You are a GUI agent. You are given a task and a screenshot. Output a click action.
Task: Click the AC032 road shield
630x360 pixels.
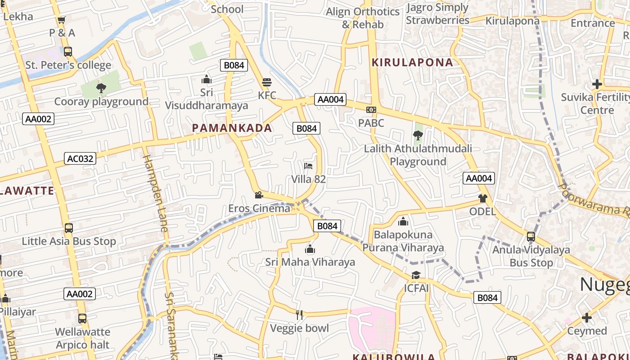[x=80, y=158]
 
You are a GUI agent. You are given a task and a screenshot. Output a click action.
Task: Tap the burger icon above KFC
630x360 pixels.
[x=267, y=82]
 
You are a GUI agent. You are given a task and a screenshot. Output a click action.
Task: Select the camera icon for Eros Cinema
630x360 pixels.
[x=259, y=195]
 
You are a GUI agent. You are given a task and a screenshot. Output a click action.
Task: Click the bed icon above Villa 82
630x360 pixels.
[x=308, y=166]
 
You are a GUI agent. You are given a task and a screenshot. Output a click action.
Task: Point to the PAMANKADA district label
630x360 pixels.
[x=232, y=128]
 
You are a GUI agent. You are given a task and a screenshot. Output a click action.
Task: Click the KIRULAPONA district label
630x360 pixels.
[x=412, y=63]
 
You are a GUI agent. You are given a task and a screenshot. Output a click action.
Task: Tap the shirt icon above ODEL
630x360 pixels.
[x=483, y=198]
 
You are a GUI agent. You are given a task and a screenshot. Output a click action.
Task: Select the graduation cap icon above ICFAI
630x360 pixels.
[x=416, y=275]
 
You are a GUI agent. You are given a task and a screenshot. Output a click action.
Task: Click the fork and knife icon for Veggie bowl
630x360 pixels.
[x=299, y=315]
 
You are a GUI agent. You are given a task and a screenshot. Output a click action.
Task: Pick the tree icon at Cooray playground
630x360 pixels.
[x=101, y=88]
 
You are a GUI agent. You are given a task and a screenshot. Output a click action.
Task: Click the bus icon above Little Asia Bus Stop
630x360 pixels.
[x=68, y=228]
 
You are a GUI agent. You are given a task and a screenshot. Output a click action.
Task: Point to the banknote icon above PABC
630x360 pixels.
[x=371, y=110]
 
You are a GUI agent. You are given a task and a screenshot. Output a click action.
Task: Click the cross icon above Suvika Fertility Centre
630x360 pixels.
[x=597, y=84]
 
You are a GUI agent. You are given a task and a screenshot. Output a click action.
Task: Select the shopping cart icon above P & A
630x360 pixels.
[x=62, y=20]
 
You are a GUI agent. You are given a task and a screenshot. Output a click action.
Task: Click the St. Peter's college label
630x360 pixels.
[x=68, y=65]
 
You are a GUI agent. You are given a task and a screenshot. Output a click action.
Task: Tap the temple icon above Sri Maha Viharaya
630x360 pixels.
[x=310, y=249]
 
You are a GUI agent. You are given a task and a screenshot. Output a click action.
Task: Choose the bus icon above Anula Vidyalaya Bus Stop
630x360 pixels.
[x=531, y=236]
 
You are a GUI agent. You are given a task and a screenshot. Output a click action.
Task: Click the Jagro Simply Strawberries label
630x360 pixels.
[x=437, y=14]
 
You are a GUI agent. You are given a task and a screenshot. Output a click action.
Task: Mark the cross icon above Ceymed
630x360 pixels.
[x=587, y=318]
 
